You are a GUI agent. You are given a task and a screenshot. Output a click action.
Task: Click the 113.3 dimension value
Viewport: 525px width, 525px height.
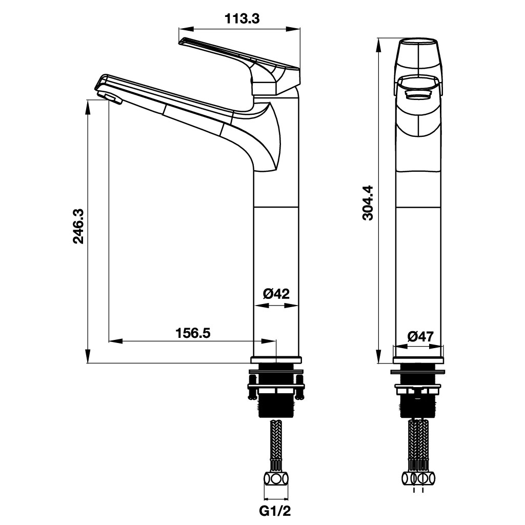click(x=243, y=19)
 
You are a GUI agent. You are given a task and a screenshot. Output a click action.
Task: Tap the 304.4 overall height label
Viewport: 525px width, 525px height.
click(x=367, y=203)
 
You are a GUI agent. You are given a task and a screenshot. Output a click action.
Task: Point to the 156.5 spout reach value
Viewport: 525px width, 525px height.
click(x=193, y=333)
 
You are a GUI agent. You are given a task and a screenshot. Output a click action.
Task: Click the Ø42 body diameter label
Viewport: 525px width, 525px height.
click(x=276, y=294)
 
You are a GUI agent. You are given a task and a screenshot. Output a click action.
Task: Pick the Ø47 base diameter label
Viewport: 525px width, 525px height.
click(x=420, y=336)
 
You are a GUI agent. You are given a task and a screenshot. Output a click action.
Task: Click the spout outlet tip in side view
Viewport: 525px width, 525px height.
click(x=109, y=97)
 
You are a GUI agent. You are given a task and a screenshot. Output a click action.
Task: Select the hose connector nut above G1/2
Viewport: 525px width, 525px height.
click(x=276, y=480)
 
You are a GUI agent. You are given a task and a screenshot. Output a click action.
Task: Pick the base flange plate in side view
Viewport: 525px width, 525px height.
click(x=276, y=360)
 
